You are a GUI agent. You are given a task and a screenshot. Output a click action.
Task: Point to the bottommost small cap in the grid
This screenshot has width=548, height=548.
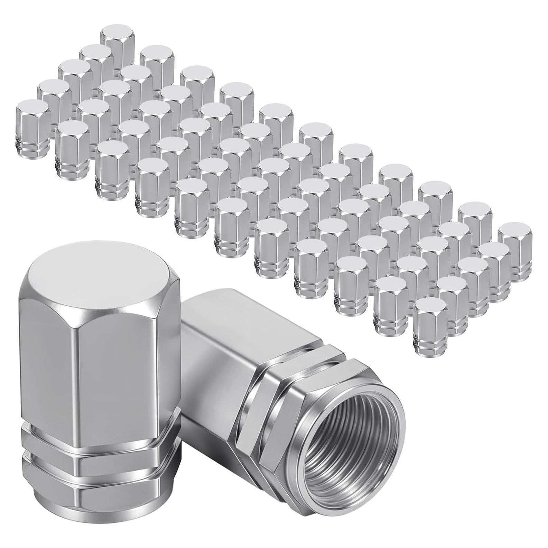coord(431,322)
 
